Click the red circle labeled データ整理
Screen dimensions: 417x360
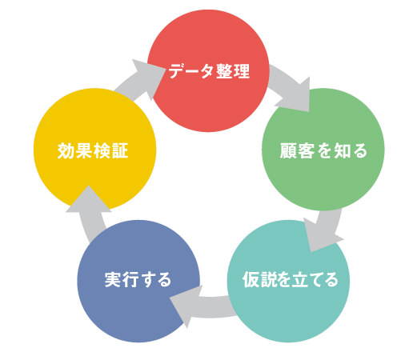pos(208,70)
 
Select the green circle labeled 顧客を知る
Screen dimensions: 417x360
pos(323,150)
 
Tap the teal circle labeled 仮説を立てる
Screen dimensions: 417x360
pos(288,281)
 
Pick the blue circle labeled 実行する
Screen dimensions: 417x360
pos(138,281)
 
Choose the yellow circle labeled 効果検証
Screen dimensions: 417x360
pos(94,150)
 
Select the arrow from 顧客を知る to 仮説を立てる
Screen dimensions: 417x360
pos(324,230)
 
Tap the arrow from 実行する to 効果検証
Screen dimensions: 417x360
pos(90,214)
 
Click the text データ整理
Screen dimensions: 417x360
pos(209,71)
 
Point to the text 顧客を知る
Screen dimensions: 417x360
pos(323,150)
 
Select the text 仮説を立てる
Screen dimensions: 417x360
pos(291,279)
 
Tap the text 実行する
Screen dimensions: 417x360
pos(138,279)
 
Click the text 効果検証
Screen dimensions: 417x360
pos(93,150)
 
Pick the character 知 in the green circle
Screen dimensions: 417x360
pos(342,150)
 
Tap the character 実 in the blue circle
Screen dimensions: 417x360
pos(113,279)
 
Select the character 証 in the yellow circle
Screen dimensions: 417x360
pos(120,150)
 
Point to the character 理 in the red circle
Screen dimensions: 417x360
pos(242,71)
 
